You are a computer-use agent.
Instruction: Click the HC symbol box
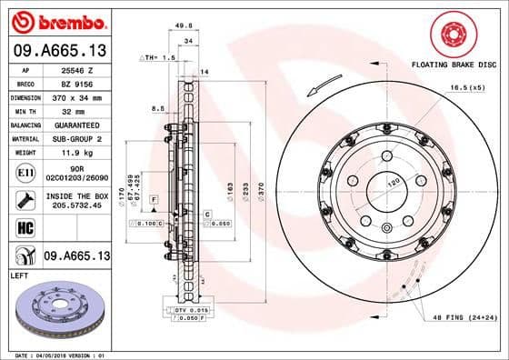click(x=25, y=227)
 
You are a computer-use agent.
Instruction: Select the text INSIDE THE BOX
click(x=76, y=195)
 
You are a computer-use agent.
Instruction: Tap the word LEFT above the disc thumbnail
click(x=18, y=274)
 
